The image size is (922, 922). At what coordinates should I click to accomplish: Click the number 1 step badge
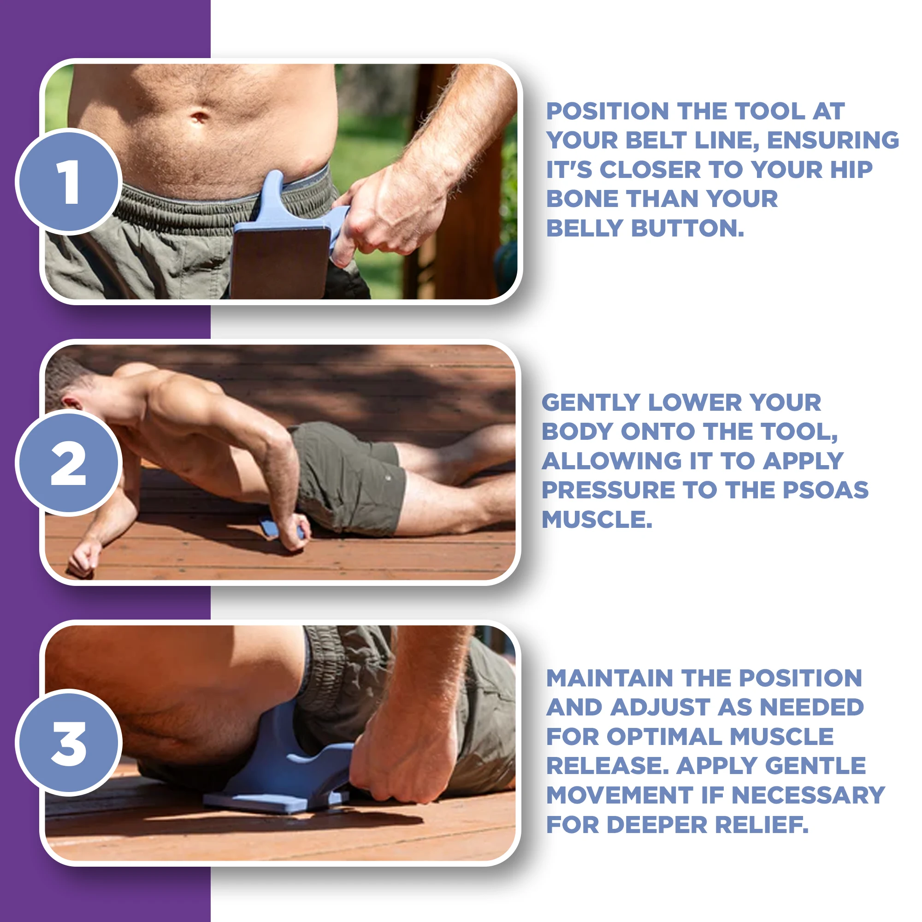(69, 181)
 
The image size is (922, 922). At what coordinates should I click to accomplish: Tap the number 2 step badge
(69, 462)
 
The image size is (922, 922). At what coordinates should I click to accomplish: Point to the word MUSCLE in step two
(597, 519)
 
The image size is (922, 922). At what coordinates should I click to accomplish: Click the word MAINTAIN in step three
(609, 678)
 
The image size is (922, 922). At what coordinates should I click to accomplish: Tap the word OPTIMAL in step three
(663, 737)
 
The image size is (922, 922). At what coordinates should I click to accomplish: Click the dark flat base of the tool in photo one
(281, 262)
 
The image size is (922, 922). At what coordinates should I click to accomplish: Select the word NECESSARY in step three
(808, 795)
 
